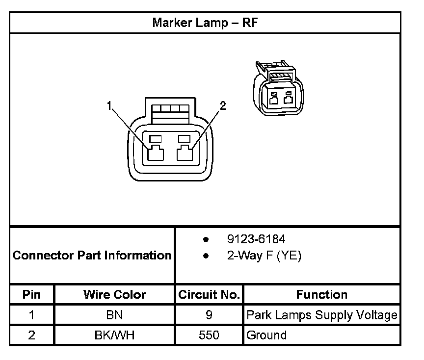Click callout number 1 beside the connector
(x=110, y=105)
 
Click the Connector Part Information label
(x=92, y=256)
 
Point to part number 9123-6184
(x=256, y=239)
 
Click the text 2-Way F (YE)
(x=264, y=256)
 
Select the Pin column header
(x=31, y=295)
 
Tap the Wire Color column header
(x=114, y=295)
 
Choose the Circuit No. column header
(x=209, y=295)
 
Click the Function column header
(x=321, y=295)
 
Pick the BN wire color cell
(x=114, y=315)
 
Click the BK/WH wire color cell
(x=114, y=335)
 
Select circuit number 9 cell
(x=209, y=315)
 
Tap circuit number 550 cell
(x=209, y=335)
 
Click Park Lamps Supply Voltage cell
(x=321, y=315)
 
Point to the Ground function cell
(x=266, y=335)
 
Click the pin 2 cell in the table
(x=31, y=335)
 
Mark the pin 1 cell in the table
(x=31, y=315)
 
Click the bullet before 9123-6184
(x=206, y=240)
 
